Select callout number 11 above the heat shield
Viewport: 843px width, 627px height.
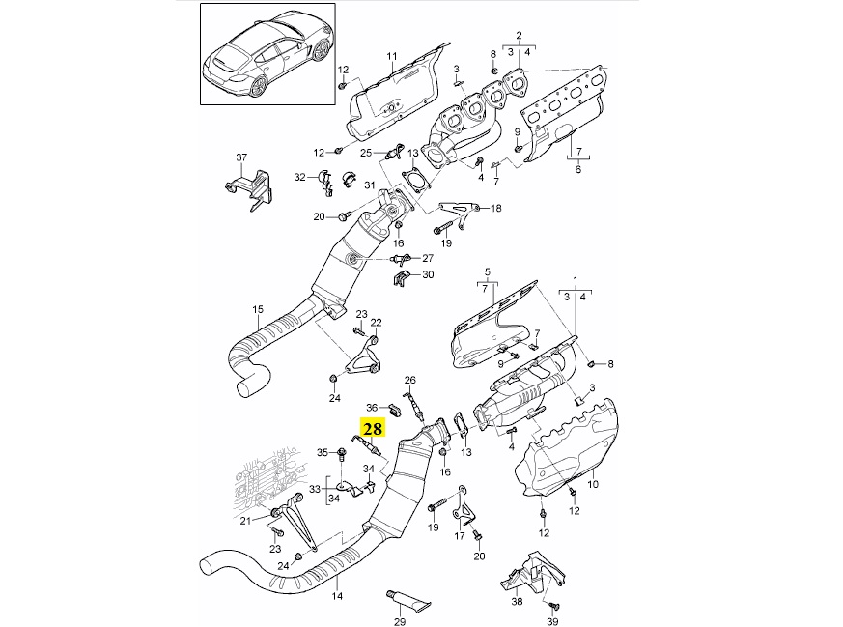click(391, 56)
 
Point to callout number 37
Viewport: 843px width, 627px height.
click(241, 157)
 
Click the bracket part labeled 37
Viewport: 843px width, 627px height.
click(249, 188)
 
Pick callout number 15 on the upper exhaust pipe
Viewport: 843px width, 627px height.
click(258, 309)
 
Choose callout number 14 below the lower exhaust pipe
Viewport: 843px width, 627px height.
click(337, 596)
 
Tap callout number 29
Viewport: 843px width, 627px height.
click(399, 622)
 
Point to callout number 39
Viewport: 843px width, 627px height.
click(551, 622)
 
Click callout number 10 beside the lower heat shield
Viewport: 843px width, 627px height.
click(593, 484)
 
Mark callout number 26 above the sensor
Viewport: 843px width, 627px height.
click(410, 381)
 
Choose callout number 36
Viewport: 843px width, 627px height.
click(372, 407)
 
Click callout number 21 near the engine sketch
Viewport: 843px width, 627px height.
click(245, 521)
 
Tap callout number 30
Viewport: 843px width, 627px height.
click(428, 274)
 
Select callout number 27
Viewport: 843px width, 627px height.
click(428, 258)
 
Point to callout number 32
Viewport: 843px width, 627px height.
click(299, 177)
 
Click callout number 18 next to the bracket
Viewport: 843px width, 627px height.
click(495, 208)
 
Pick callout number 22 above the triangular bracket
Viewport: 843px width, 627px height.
click(376, 322)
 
